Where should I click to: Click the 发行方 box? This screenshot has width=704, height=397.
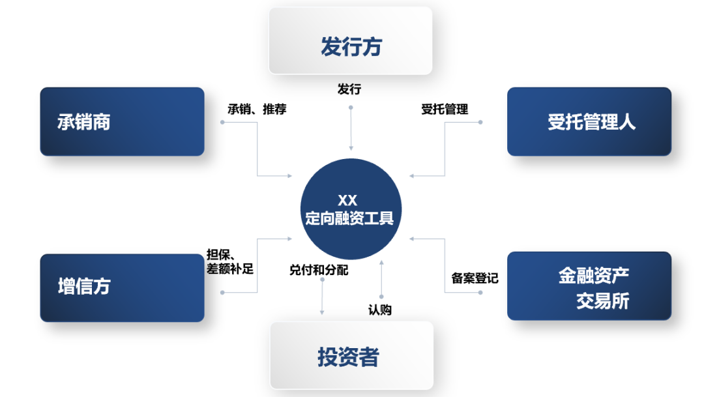351,40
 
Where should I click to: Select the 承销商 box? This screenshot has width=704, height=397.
122,122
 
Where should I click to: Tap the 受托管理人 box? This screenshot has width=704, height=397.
589,122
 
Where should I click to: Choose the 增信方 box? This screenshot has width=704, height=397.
122,287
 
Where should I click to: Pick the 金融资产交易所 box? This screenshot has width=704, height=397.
589,286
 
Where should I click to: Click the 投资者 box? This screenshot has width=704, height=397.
351,356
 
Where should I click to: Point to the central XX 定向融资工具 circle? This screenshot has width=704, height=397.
350,209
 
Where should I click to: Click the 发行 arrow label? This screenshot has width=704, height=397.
349,89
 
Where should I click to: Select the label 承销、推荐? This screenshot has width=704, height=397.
256,109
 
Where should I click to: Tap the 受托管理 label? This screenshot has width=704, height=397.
445,109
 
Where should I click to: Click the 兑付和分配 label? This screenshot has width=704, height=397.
319,269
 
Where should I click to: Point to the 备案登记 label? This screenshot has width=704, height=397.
475,278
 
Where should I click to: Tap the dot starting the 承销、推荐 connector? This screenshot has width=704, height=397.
223,122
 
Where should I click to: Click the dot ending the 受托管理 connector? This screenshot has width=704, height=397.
480,122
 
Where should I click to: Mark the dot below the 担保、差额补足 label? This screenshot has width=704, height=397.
223,293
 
